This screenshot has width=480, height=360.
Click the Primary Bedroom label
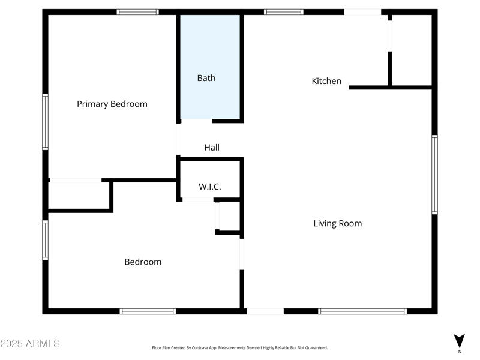pos(112,104)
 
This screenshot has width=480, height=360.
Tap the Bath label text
pos(206,78)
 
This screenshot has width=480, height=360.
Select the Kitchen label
pos(326,81)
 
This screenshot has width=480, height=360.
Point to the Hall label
pos(212,147)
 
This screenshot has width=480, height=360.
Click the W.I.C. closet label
pos(210,187)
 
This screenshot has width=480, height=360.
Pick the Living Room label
pos(338,223)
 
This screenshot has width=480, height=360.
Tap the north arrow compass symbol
pos(460,341)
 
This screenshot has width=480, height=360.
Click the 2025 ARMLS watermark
pos(30,344)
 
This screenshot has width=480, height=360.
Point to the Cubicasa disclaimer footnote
pos(240,347)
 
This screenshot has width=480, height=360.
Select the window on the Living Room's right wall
pos(434,175)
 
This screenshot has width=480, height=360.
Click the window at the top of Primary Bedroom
pos(138,11)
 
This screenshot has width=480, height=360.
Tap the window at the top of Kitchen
pos(284,11)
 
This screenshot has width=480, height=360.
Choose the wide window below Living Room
pos(362,311)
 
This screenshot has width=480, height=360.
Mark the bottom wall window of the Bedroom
pos(148,311)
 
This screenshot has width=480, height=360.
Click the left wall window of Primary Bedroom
pos(45,122)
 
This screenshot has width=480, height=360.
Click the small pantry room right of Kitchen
pos(412,50)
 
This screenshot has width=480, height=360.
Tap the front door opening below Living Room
pos(265,311)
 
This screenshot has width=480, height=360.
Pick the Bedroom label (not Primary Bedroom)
pos(143,262)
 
